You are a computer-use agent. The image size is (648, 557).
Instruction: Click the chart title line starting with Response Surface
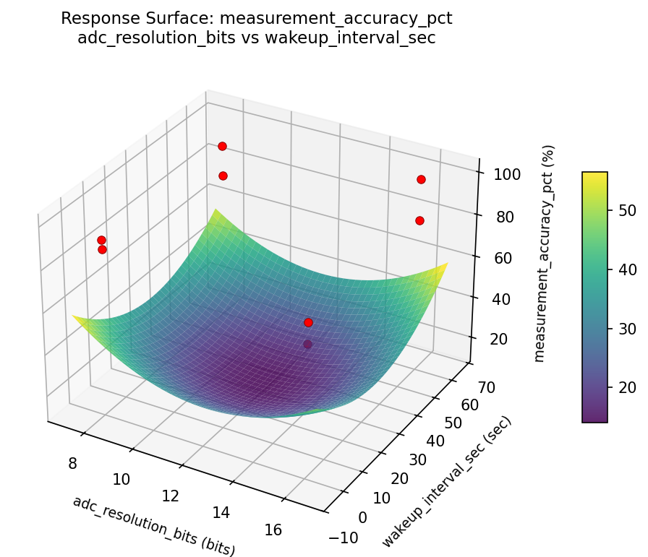coord(256,19)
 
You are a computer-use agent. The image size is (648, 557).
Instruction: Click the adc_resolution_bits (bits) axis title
coord(153,526)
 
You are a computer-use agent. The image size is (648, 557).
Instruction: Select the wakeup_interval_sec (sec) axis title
coord(446,482)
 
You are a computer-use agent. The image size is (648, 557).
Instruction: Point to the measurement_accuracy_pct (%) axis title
coord(549,253)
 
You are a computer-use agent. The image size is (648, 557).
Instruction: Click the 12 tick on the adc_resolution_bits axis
coord(171,496)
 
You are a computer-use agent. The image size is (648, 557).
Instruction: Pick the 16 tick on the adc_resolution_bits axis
coord(273,530)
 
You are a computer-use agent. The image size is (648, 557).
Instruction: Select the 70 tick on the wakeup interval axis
coord(486,388)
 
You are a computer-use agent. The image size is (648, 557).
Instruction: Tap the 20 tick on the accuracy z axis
coord(489,340)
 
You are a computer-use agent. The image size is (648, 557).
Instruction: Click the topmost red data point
coord(222,146)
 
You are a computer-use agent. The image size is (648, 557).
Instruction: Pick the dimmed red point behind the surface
coord(307,345)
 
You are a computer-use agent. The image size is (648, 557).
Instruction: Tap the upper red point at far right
coord(421,179)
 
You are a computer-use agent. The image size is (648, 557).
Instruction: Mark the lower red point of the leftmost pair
coord(102,249)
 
